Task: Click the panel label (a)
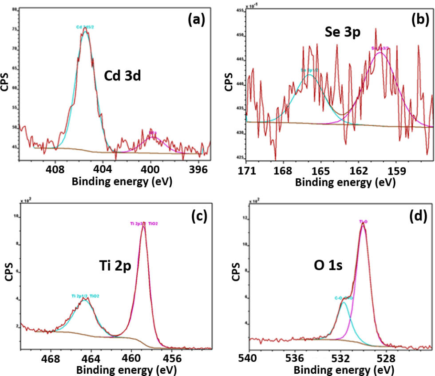tap(196, 19)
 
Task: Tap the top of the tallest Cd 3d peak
tap(85, 29)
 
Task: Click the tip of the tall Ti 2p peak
tap(143, 225)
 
